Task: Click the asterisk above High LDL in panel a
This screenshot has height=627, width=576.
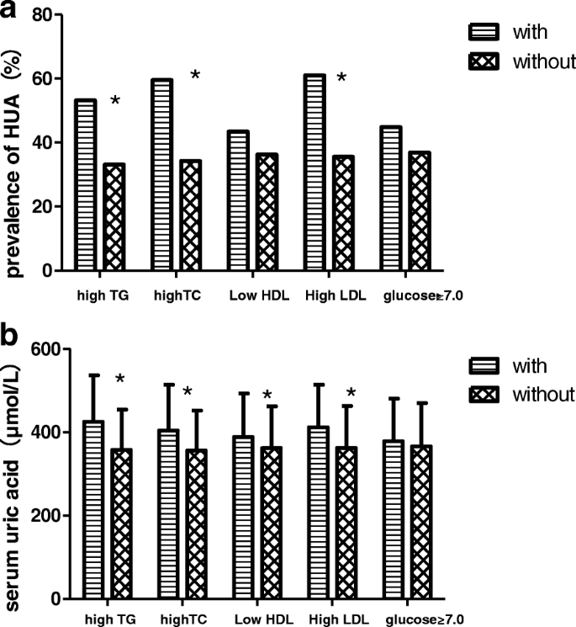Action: click(x=341, y=79)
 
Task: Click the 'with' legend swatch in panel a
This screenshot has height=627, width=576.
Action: click(x=484, y=33)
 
